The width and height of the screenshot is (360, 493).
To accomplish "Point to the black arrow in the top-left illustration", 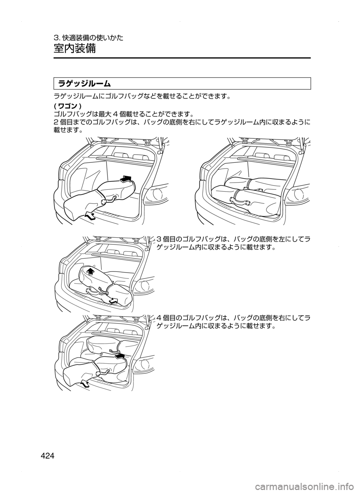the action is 126,178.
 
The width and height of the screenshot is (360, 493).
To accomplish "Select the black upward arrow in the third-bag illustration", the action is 90,271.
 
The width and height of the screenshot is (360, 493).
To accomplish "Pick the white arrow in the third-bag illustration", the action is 113,301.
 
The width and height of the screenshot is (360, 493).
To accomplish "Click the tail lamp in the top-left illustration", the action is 158,193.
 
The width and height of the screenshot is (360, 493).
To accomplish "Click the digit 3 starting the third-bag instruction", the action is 159,239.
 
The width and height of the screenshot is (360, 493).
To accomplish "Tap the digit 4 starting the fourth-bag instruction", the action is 159,318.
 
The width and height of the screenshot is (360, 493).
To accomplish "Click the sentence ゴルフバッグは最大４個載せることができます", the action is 124,114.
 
